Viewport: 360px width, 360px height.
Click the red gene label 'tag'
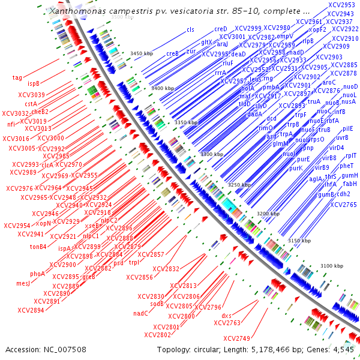pos(17,77)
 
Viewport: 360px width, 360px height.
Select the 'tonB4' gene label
pos(38,247)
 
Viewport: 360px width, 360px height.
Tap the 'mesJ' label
pos(23,283)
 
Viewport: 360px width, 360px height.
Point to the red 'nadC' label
pos(140,313)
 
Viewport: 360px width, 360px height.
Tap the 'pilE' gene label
pos(348,128)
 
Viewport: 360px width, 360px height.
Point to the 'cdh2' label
pos(343,194)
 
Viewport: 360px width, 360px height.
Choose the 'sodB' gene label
pos(157,304)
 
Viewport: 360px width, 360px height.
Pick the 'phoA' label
pos(38,274)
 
